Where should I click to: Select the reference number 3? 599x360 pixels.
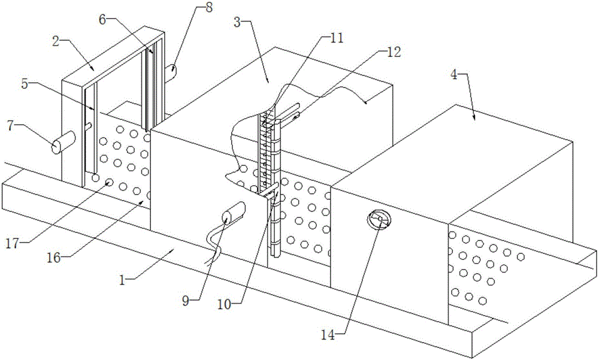(x=237, y=23)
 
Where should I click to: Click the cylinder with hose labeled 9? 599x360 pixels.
(x=233, y=213)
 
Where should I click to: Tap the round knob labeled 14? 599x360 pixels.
(x=378, y=220)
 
